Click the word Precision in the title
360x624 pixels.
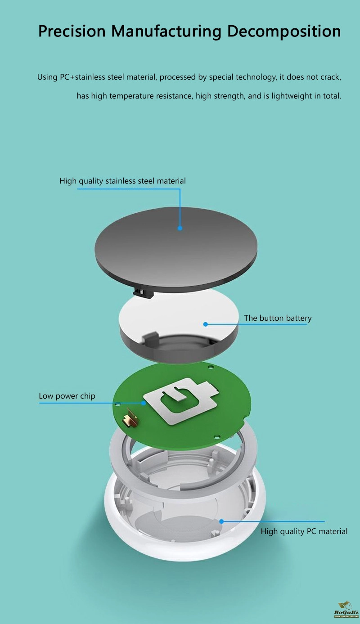72,31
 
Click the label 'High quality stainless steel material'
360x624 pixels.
122,181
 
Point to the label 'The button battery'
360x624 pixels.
278,318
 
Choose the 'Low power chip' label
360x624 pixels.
67,396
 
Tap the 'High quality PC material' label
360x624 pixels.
304,531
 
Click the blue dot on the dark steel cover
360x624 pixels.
180,228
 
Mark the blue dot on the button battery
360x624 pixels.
206,324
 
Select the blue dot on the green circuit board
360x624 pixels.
144,403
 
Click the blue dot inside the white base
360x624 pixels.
221,521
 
